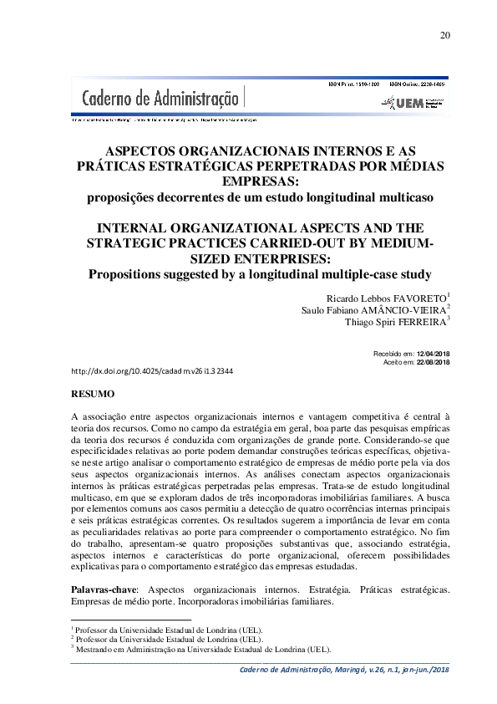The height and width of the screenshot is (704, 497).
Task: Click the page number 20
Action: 444,34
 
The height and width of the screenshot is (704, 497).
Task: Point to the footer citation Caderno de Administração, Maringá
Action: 344,671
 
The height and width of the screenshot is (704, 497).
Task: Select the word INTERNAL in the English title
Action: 137,228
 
